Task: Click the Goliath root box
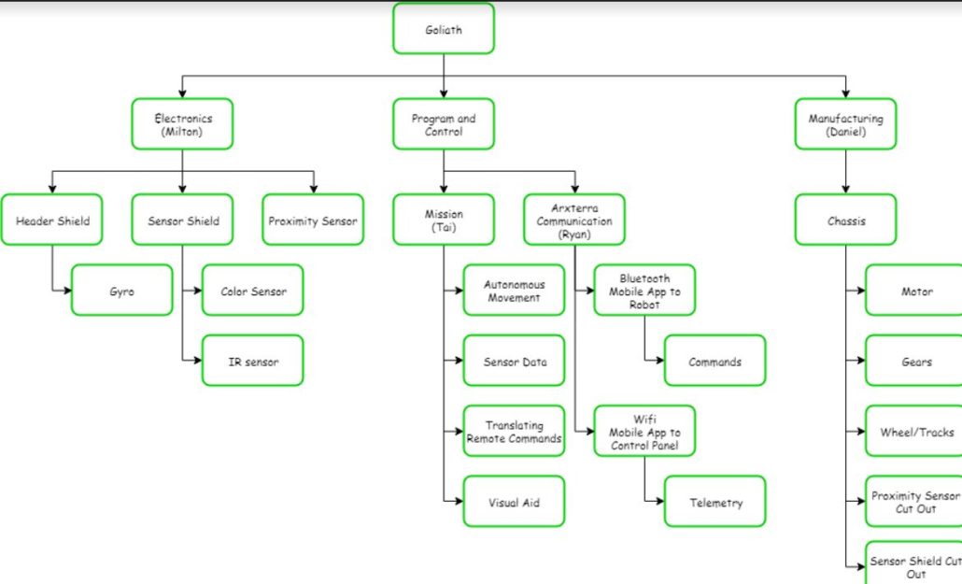click(444, 29)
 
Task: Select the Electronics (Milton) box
click(182, 124)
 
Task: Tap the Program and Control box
click(444, 124)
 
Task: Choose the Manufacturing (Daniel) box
click(845, 124)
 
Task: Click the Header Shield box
click(52, 221)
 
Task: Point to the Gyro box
click(122, 291)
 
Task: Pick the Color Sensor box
click(253, 291)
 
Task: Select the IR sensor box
click(253, 361)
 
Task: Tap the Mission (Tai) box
click(444, 221)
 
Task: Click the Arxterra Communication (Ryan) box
click(574, 221)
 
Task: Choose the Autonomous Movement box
click(515, 291)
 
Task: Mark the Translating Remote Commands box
click(515, 431)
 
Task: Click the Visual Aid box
click(515, 502)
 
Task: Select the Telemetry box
click(715, 502)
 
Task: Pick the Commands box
click(715, 361)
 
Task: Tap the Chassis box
click(845, 221)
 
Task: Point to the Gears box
click(915, 361)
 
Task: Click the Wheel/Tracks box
click(915, 431)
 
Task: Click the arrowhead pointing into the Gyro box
click(67, 291)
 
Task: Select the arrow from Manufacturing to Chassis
click(845, 172)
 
